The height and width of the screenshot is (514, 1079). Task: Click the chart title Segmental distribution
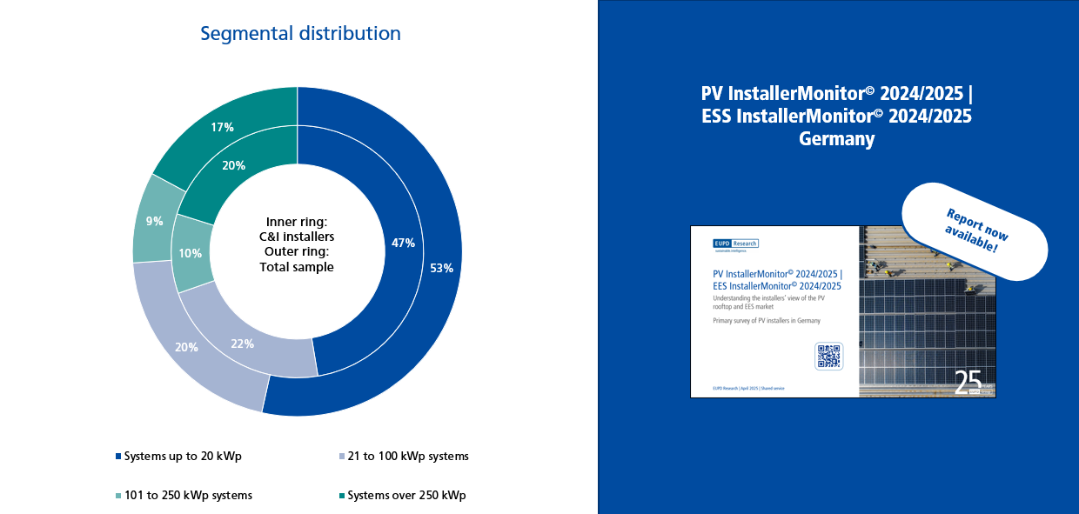[300, 34]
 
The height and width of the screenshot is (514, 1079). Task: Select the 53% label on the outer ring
[442, 268]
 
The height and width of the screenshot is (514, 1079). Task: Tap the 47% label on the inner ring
[403, 244]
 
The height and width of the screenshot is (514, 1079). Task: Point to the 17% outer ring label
[222, 127]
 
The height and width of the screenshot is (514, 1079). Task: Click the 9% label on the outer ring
[154, 221]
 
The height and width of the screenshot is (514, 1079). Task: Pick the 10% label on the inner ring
[191, 253]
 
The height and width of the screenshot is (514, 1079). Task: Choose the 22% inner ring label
[243, 344]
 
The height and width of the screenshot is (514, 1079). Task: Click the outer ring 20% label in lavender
[186, 347]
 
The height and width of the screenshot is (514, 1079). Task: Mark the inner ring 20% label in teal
[234, 165]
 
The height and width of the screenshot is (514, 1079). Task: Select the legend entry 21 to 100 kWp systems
[407, 457]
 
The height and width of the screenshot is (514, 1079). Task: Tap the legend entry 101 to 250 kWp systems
[188, 496]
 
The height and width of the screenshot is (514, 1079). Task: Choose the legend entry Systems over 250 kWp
[406, 496]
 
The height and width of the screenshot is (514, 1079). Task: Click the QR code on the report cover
[828, 357]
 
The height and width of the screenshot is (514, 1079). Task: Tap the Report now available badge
[975, 230]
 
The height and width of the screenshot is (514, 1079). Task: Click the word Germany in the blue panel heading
[836, 139]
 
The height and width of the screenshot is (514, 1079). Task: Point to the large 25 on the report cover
[968, 382]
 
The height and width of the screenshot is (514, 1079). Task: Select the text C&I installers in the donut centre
[297, 236]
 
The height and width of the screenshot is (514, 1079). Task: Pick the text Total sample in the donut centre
[297, 267]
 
